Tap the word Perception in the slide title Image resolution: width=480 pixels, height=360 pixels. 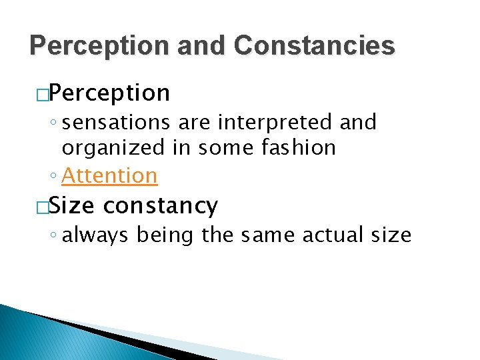[91, 45]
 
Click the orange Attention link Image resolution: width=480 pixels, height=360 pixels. [109, 175]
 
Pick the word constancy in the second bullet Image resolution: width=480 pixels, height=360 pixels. [161, 206]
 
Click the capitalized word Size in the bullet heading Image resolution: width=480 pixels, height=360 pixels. [73, 206]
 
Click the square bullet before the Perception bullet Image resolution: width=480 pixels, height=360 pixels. [43, 94]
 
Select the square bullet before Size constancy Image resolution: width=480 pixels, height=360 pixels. [43, 207]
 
